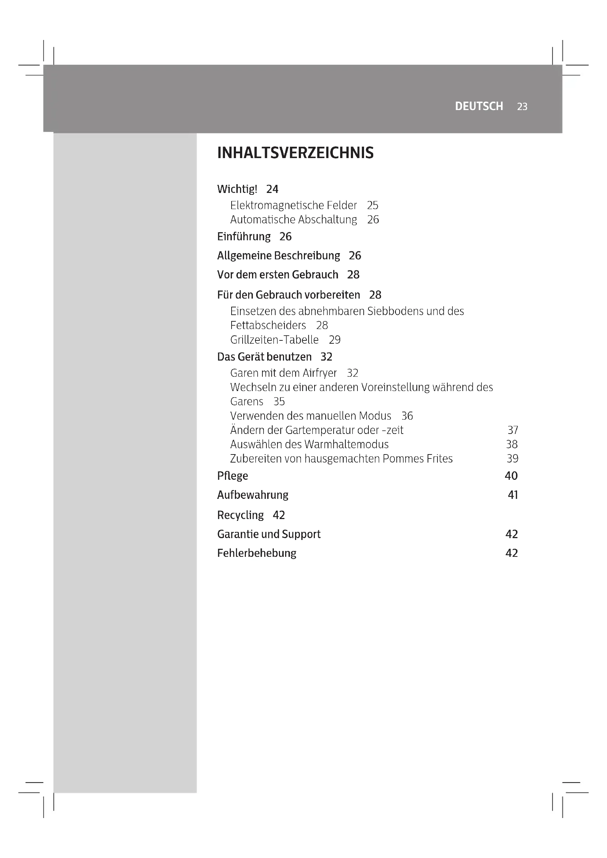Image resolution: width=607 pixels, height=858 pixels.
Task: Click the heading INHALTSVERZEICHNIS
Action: [295, 153]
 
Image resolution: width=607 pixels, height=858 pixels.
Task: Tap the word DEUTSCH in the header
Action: [479, 106]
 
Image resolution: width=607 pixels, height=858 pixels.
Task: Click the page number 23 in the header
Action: [522, 107]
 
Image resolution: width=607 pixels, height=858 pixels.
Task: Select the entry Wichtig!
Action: [237, 189]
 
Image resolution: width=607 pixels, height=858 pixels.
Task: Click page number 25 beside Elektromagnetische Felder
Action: [372, 205]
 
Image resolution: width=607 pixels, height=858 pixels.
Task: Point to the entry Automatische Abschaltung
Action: [294, 220]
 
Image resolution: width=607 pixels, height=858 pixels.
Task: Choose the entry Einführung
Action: [244, 237]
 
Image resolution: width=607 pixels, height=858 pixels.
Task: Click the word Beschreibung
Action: [307, 256]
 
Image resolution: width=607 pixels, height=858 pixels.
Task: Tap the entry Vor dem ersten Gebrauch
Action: [277, 275]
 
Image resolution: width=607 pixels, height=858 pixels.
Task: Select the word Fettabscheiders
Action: [268, 325]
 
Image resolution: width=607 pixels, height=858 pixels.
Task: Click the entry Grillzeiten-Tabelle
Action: [275, 340]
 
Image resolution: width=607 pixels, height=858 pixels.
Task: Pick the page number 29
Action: [335, 340]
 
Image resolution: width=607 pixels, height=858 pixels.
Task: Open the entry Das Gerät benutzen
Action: [264, 357]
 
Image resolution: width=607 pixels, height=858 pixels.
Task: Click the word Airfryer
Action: [320, 373]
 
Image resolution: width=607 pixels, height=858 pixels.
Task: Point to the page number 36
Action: [407, 416]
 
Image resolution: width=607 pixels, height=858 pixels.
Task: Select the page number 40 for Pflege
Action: [511, 476]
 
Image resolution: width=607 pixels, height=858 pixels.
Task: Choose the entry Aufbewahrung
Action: [252, 495]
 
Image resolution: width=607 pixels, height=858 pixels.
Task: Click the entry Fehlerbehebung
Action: [257, 553]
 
